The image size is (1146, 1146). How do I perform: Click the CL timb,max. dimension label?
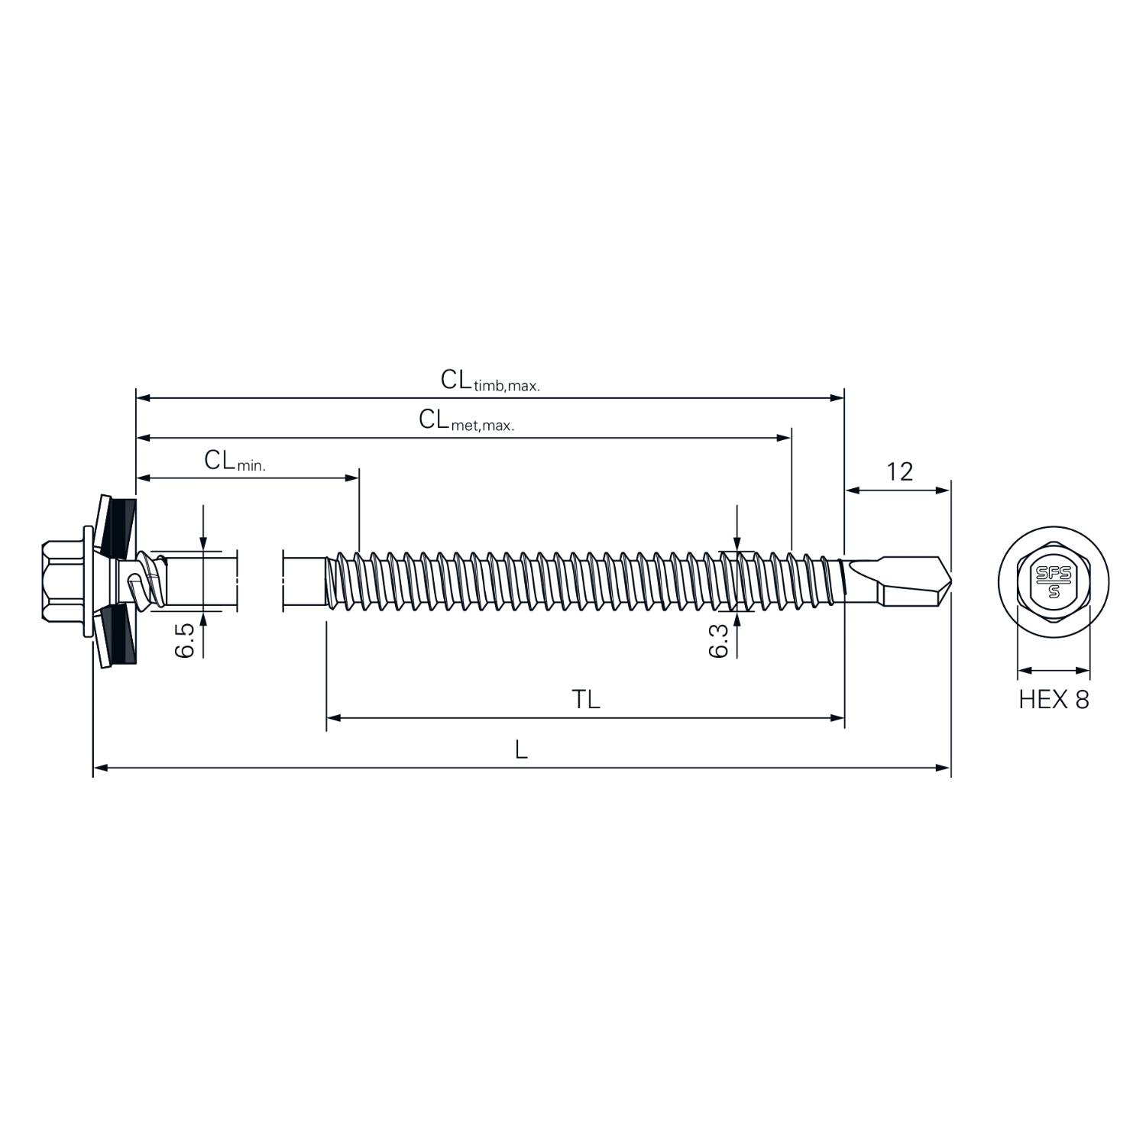pyautogui.click(x=490, y=380)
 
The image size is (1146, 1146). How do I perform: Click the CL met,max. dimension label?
pyautogui.click(x=466, y=420)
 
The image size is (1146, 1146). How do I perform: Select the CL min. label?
pyautogui.click(x=235, y=461)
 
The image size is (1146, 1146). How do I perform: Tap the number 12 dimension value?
pyautogui.click(x=899, y=472)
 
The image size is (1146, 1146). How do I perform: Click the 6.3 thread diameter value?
pyautogui.click(x=719, y=639)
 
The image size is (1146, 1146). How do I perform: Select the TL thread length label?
pyautogui.click(x=586, y=699)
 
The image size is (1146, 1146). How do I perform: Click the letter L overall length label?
pyautogui.click(x=521, y=749)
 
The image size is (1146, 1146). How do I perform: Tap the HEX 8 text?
pyautogui.click(x=1054, y=699)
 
